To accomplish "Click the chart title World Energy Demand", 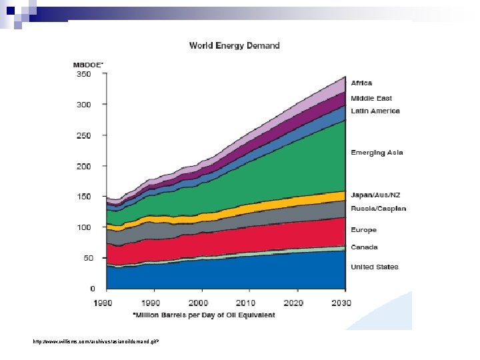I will pyautogui.click(x=235, y=46).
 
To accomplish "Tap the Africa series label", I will pyautogui.click(x=362, y=83).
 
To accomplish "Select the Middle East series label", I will pyautogui.click(x=371, y=99).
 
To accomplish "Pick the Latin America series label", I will pyautogui.click(x=375, y=111).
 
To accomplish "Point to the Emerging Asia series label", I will pyautogui.click(x=377, y=153).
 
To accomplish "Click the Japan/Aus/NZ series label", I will pyautogui.click(x=375, y=195).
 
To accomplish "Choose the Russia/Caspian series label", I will pyautogui.click(x=379, y=209).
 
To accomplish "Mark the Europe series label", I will pyautogui.click(x=364, y=230).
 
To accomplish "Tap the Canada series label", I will pyautogui.click(x=365, y=247).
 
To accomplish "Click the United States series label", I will pyautogui.click(x=375, y=267).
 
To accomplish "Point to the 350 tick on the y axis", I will pyautogui.click(x=83, y=74).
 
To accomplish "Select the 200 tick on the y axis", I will pyautogui.click(x=83, y=166).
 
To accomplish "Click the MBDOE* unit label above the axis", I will pyautogui.click(x=88, y=65).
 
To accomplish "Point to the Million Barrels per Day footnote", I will pyautogui.click(x=204, y=315).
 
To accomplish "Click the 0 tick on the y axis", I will pyautogui.click(x=93, y=289).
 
